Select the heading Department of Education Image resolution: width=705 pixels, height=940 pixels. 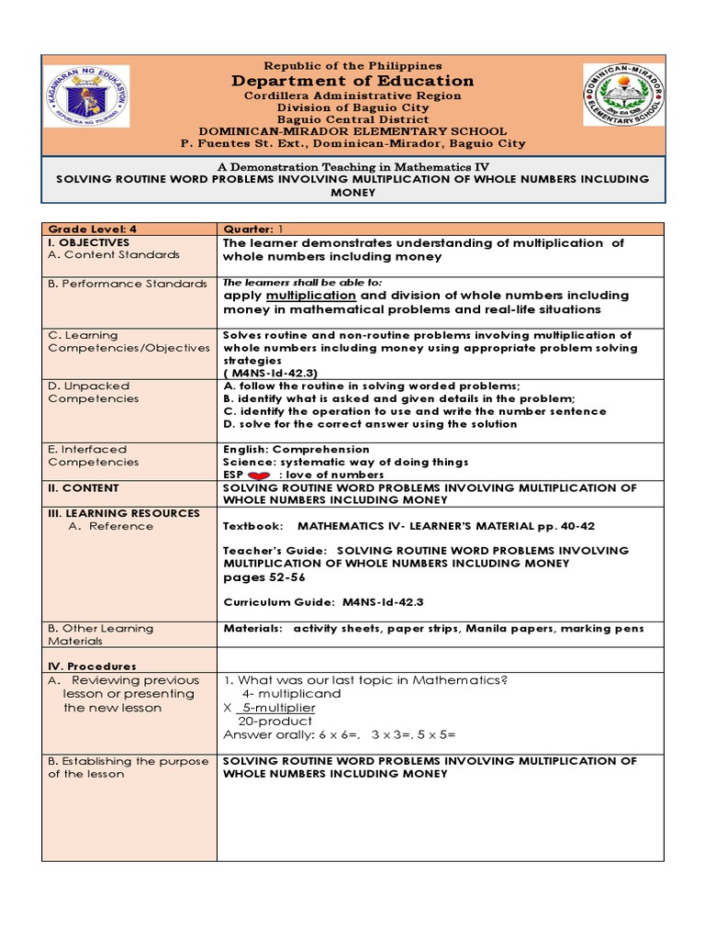tap(353, 81)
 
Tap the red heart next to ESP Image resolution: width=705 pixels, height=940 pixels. tap(258, 475)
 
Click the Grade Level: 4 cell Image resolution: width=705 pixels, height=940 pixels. tap(92, 229)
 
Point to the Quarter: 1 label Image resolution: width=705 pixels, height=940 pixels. tap(249, 229)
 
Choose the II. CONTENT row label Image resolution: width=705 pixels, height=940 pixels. tap(84, 488)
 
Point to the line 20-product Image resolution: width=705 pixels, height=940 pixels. tap(274, 722)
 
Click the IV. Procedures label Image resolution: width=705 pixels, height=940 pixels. tap(92, 666)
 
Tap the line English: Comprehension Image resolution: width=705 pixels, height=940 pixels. tap(297, 449)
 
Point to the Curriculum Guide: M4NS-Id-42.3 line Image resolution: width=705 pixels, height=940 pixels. tap(324, 602)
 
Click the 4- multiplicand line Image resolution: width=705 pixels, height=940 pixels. tap(290, 694)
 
